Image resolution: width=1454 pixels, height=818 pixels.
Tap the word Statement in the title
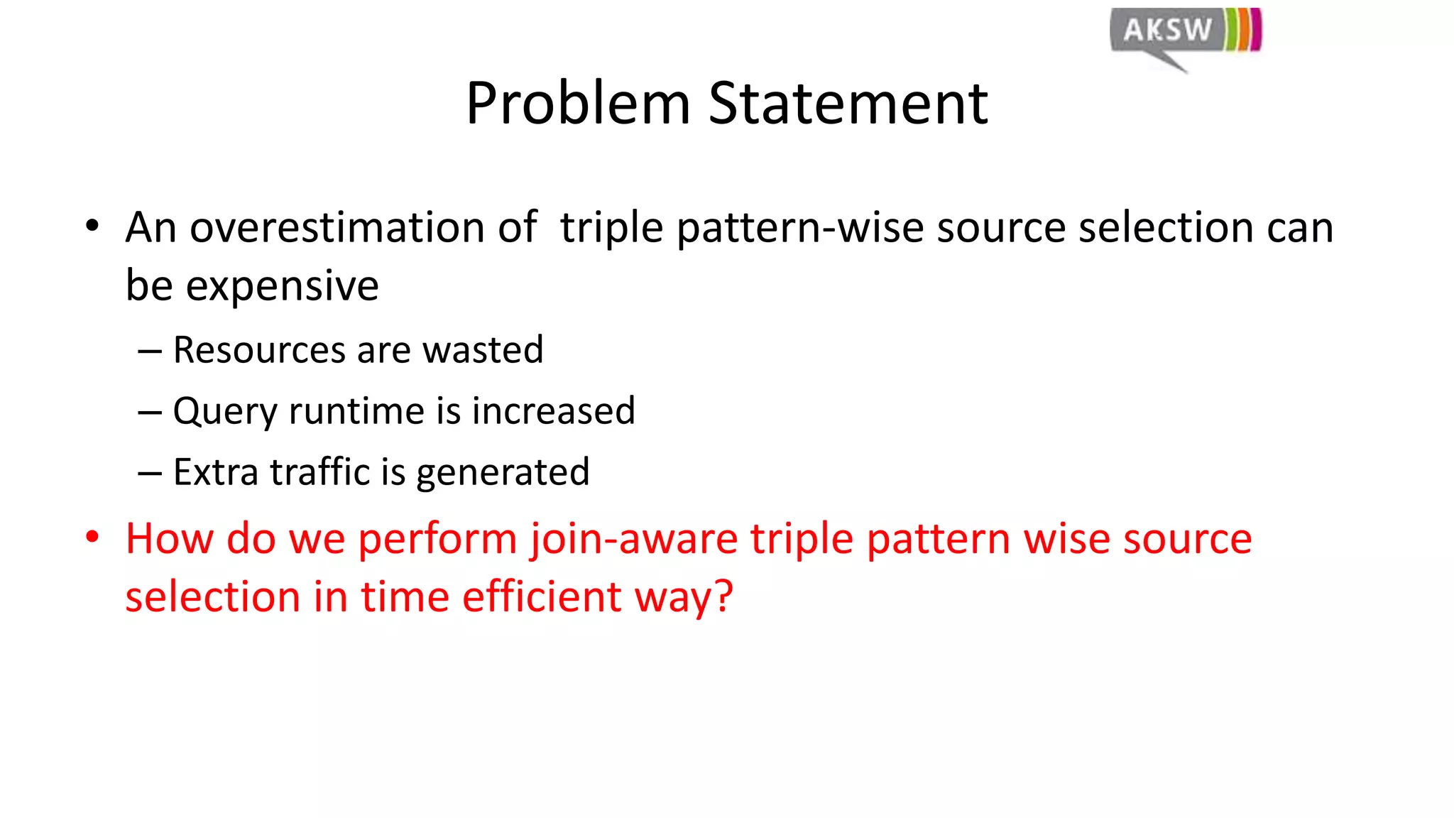tap(848, 104)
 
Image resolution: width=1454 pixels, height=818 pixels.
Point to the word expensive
tap(282, 286)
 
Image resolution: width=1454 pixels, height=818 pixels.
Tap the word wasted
tap(483, 350)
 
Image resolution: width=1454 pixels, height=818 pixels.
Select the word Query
tap(225, 412)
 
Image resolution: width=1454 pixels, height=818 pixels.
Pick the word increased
tap(553, 411)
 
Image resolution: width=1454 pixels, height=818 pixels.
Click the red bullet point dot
tap(92, 538)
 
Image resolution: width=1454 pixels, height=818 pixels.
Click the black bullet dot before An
tap(92, 227)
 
